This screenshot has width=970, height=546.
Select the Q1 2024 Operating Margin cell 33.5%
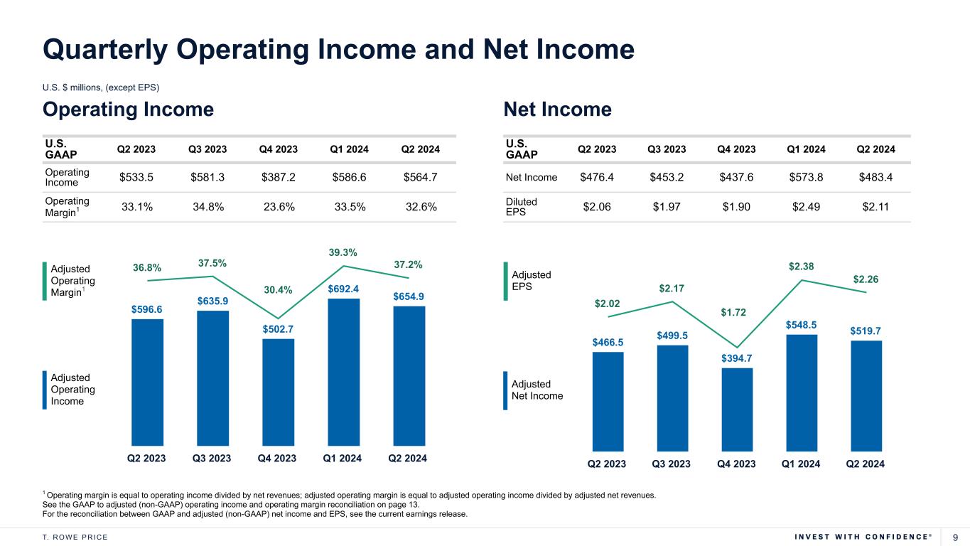point(348,207)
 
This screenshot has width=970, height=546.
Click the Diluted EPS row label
point(522,207)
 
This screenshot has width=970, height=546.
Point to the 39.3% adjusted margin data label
point(343,252)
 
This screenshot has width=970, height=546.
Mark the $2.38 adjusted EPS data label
point(801,267)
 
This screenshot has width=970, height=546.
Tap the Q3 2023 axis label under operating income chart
point(212,459)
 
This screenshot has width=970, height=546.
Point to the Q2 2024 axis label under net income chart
point(865,464)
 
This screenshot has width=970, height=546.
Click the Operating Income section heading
point(129,109)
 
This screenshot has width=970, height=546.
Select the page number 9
point(955,537)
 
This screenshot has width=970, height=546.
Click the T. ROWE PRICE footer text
point(75,537)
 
